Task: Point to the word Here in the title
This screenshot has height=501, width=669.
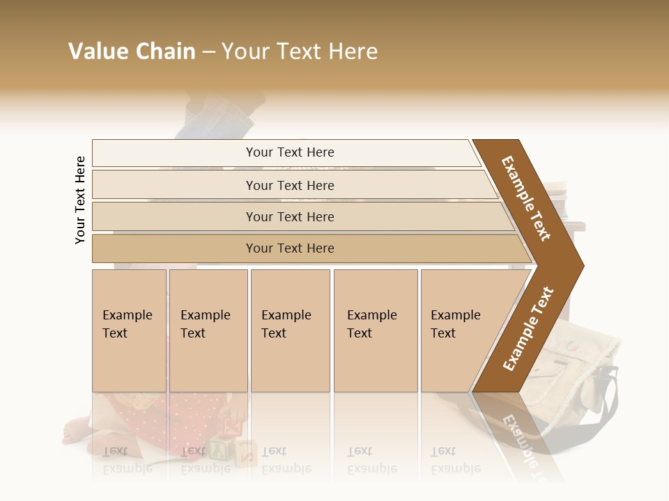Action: tap(353, 51)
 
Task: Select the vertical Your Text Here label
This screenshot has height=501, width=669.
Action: tap(80, 200)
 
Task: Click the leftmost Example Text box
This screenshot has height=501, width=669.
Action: tap(129, 331)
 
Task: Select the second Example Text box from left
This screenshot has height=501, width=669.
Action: tap(208, 331)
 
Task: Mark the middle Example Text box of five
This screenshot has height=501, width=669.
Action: tap(290, 331)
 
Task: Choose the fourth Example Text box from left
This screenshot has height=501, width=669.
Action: tap(376, 331)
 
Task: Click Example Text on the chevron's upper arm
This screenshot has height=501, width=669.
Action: tap(526, 199)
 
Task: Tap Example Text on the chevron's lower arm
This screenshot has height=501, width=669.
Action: tap(528, 328)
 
